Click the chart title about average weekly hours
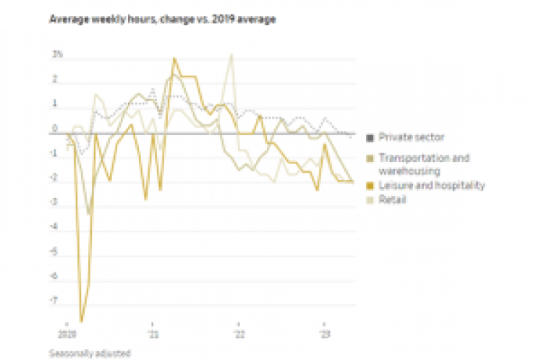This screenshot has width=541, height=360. click(x=162, y=19)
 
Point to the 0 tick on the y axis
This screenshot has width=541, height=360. click(x=55, y=129)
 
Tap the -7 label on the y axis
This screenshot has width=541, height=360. click(x=54, y=303)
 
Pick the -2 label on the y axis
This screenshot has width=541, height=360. click(x=54, y=179)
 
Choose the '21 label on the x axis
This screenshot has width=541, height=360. click(x=153, y=335)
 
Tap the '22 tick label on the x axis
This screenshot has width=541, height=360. click(x=239, y=335)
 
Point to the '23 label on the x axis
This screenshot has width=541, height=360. click(x=325, y=335)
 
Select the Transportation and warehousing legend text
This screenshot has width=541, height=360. click(x=424, y=164)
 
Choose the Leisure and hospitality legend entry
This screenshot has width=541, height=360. click(x=431, y=186)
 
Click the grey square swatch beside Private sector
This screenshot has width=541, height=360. click(x=370, y=137)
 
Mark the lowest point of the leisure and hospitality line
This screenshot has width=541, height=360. click(x=82, y=321)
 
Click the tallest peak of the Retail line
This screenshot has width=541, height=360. click(x=231, y=54)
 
